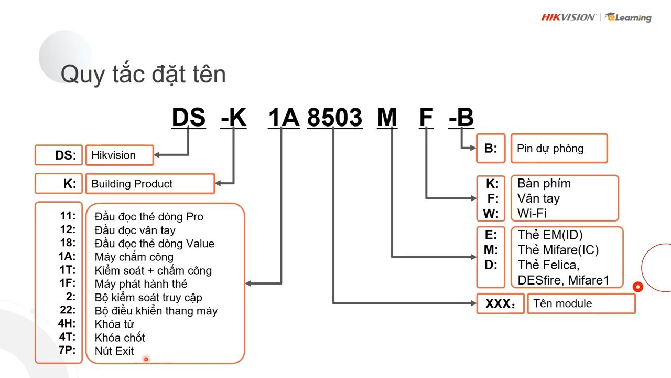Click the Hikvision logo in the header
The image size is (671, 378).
pyautogui.click(x=568, y=17)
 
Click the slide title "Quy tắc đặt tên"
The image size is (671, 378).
pyautogui.click(x=143, y=74)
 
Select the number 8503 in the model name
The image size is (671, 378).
pyautogui.click(x=334, y=118)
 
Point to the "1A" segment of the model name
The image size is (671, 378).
pyautogui.click(x=283, y=118)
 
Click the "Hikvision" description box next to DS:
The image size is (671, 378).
pyautogui.click(x=119, y=155)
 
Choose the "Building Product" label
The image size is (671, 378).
pyautogui.click(x=132, y=184)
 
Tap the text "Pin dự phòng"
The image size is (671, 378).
pyautogui.click(x=550, y=148)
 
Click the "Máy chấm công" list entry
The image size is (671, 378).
pyautogui.click(x=134, y=257)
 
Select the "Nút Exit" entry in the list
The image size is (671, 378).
pyautogui.click(x=114, y=351)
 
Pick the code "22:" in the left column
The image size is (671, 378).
pyautogui.click(x=68, y=310)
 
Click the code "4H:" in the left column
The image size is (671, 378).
pyautogui.click(x=67, y=323)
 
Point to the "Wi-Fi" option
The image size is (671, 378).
pyautogui.click(x=532, y=213)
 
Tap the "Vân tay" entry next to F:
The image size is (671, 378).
pyautogui.click(x=538, y=198)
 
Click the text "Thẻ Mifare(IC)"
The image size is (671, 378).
pyautogui.click(x=558, y=250)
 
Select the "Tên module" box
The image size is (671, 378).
pyautogui.click(x=581, y=303)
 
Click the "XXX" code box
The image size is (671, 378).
pyautogui.click(x=500, y=304)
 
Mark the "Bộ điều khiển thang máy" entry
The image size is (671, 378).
pyautogui.click(x=156, y=310)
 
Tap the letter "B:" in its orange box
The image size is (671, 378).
pyautogui.click(x=491, y=148)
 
